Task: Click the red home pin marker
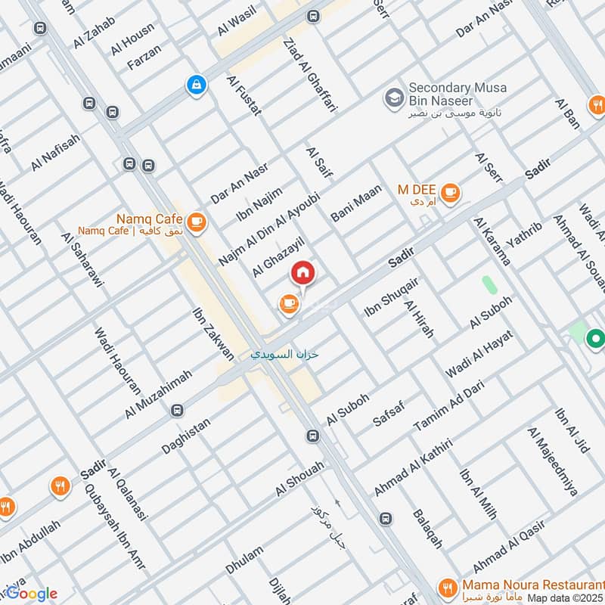[302, 272]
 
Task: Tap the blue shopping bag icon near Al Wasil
[197, 86]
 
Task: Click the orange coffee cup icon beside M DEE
[451, 192]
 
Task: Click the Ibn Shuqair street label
[392, 295]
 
